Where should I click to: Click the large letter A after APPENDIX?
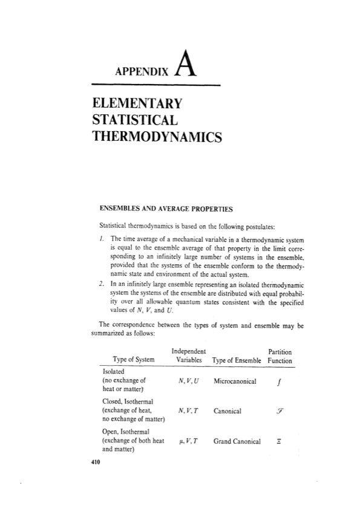coord(186,65)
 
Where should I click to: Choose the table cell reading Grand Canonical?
coord(237,441)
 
